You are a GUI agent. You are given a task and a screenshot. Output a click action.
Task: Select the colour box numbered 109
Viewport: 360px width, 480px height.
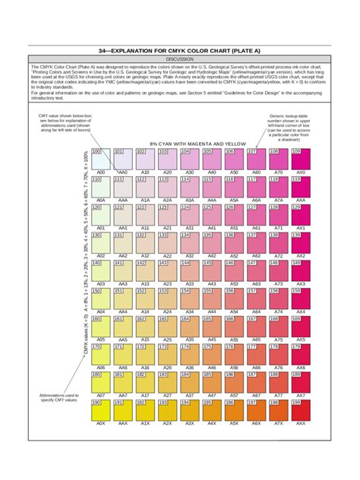coord(300,159)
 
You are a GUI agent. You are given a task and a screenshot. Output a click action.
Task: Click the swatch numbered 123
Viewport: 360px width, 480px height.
coord(168,214)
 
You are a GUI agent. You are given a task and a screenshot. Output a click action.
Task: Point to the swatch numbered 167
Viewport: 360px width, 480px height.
coord(256,327)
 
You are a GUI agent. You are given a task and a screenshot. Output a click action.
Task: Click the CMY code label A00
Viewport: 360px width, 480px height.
coord(100,172)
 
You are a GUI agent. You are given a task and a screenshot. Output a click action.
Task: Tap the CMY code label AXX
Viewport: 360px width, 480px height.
coord(300,424)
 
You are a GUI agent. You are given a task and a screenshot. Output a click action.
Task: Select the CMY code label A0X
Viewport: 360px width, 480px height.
coord(100,424)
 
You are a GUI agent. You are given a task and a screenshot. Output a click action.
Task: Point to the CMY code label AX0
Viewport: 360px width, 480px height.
coord(300,172)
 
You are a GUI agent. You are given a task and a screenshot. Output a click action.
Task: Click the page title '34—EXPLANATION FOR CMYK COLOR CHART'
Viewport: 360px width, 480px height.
coord(180,49)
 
